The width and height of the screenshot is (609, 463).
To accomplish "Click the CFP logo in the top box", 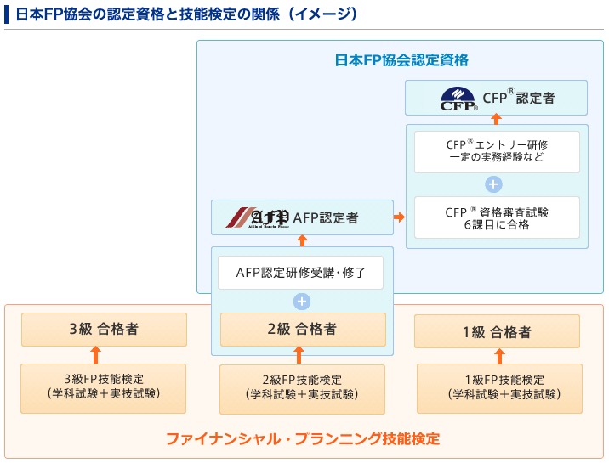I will point(459,99).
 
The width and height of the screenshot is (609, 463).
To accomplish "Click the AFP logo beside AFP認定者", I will point(258,217).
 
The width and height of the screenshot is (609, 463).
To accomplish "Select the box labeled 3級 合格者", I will point(104,330).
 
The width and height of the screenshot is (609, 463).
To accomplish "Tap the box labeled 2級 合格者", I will point(303,330).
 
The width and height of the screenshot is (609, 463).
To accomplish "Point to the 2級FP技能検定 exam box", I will point(303,387).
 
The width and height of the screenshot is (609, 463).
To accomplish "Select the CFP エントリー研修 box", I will point(496,150).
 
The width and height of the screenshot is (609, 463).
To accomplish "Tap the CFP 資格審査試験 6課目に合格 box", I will point(496,218).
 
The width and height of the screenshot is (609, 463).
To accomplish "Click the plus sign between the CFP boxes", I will point(494,184).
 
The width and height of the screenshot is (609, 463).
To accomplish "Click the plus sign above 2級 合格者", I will point(301,301).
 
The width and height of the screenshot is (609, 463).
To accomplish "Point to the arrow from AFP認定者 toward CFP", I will point(399,217).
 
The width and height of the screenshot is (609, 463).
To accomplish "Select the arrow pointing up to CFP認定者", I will point(496,120).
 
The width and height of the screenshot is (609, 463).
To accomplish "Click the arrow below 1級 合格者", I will point(499,356).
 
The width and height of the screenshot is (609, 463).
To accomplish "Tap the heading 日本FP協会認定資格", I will point(401,60).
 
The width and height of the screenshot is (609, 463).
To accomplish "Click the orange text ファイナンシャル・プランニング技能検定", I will point(303,439).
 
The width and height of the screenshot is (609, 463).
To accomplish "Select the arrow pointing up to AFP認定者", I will point(301,241).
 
